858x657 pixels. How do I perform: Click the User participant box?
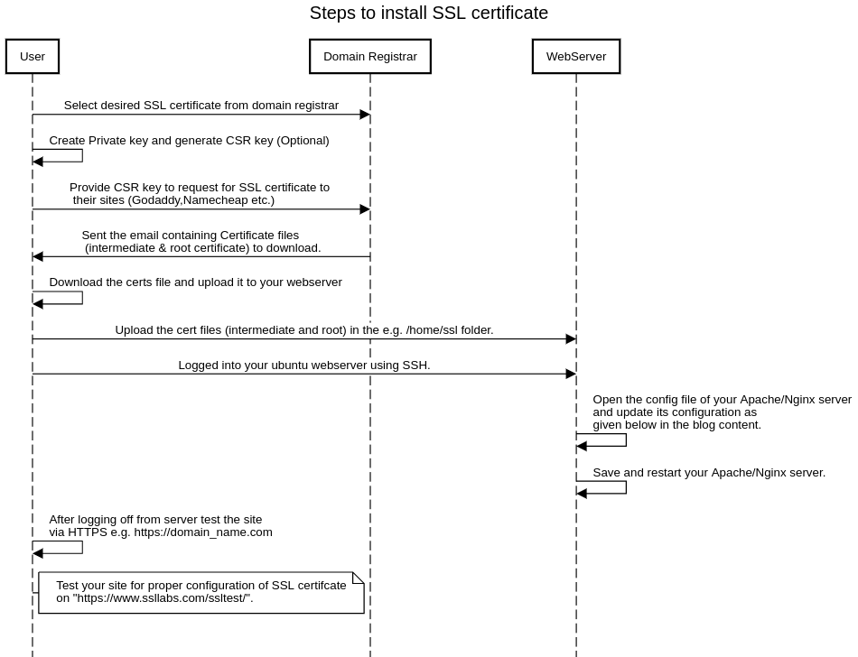33,56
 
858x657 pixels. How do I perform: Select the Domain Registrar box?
369,56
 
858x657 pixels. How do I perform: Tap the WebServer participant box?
576,56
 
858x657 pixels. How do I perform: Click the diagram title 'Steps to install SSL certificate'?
428,13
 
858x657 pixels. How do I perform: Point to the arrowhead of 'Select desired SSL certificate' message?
365,115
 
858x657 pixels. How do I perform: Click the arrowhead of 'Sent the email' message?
38,256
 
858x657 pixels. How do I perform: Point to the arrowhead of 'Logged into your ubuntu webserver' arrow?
571,374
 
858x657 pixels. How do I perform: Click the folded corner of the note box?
359,578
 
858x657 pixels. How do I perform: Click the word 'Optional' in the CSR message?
303,141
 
